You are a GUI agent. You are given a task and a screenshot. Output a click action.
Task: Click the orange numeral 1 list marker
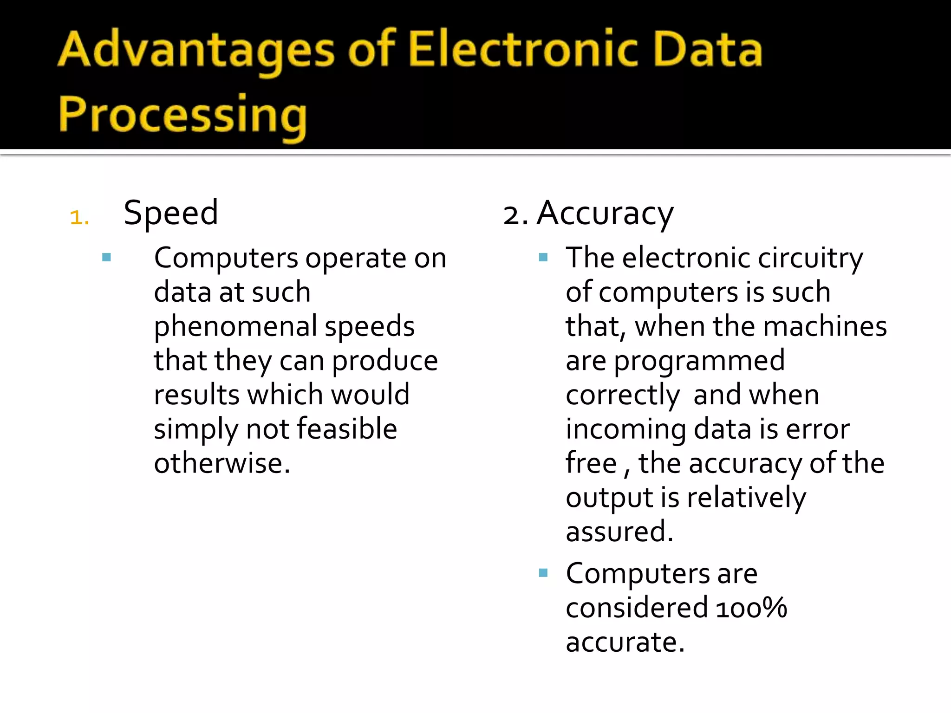[x=78, y=217]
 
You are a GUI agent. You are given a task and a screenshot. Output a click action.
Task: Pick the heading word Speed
[x=171, y=213]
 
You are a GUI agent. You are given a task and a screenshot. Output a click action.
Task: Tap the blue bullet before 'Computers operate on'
[x=106, y=257]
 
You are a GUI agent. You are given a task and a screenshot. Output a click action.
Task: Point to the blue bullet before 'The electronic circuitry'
[x=543, y=257]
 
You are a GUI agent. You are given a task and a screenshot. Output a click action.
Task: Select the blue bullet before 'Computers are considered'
[x=543, y=573]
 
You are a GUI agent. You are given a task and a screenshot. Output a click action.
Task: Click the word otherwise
[x=222, y=463]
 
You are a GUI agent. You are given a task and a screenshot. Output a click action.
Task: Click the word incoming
[x=625, y=429]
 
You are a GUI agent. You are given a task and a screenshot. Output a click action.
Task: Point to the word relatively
[x=746, y=498]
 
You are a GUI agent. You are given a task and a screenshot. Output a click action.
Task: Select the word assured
[x=619, y=532]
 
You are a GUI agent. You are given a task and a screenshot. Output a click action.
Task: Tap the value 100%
[x=751, y=608]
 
